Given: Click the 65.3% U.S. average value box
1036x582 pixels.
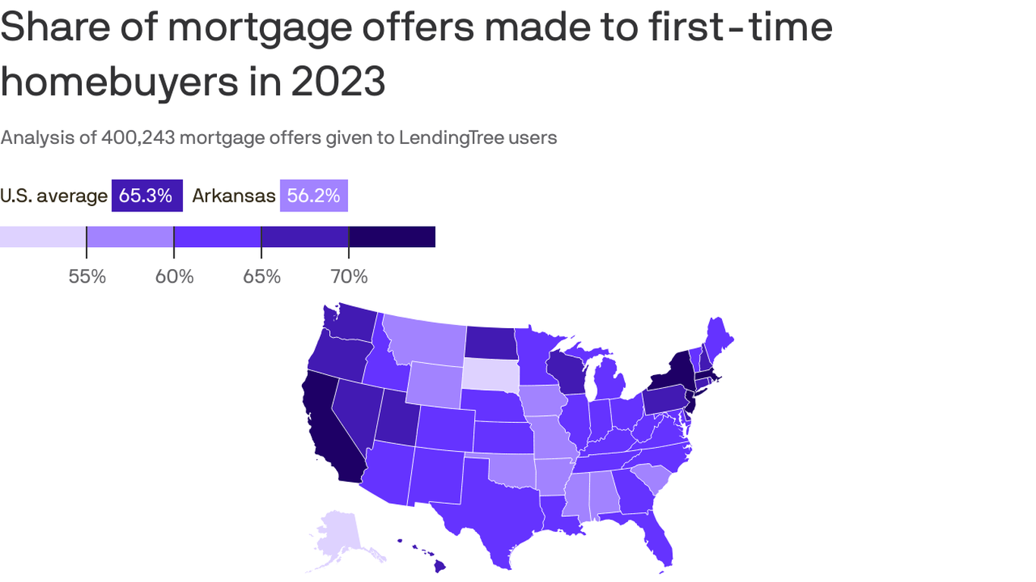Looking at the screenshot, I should pos(146,196).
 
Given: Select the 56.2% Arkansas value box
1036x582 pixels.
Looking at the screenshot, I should pos(313,196).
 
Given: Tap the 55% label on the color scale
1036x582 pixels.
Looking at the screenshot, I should pos(86,277).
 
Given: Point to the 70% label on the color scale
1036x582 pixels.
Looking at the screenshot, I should pos(349,277).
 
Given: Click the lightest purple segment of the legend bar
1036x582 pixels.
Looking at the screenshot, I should pos(42,236).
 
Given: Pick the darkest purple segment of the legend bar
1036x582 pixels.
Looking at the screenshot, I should pos(392,236).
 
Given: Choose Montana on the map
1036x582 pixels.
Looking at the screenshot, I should pos(425,341).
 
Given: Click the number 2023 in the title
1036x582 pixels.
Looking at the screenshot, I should pos(338,82).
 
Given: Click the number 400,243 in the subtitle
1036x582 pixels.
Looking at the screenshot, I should pos(137,137).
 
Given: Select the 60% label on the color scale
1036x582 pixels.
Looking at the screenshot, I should pos(174,277).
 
